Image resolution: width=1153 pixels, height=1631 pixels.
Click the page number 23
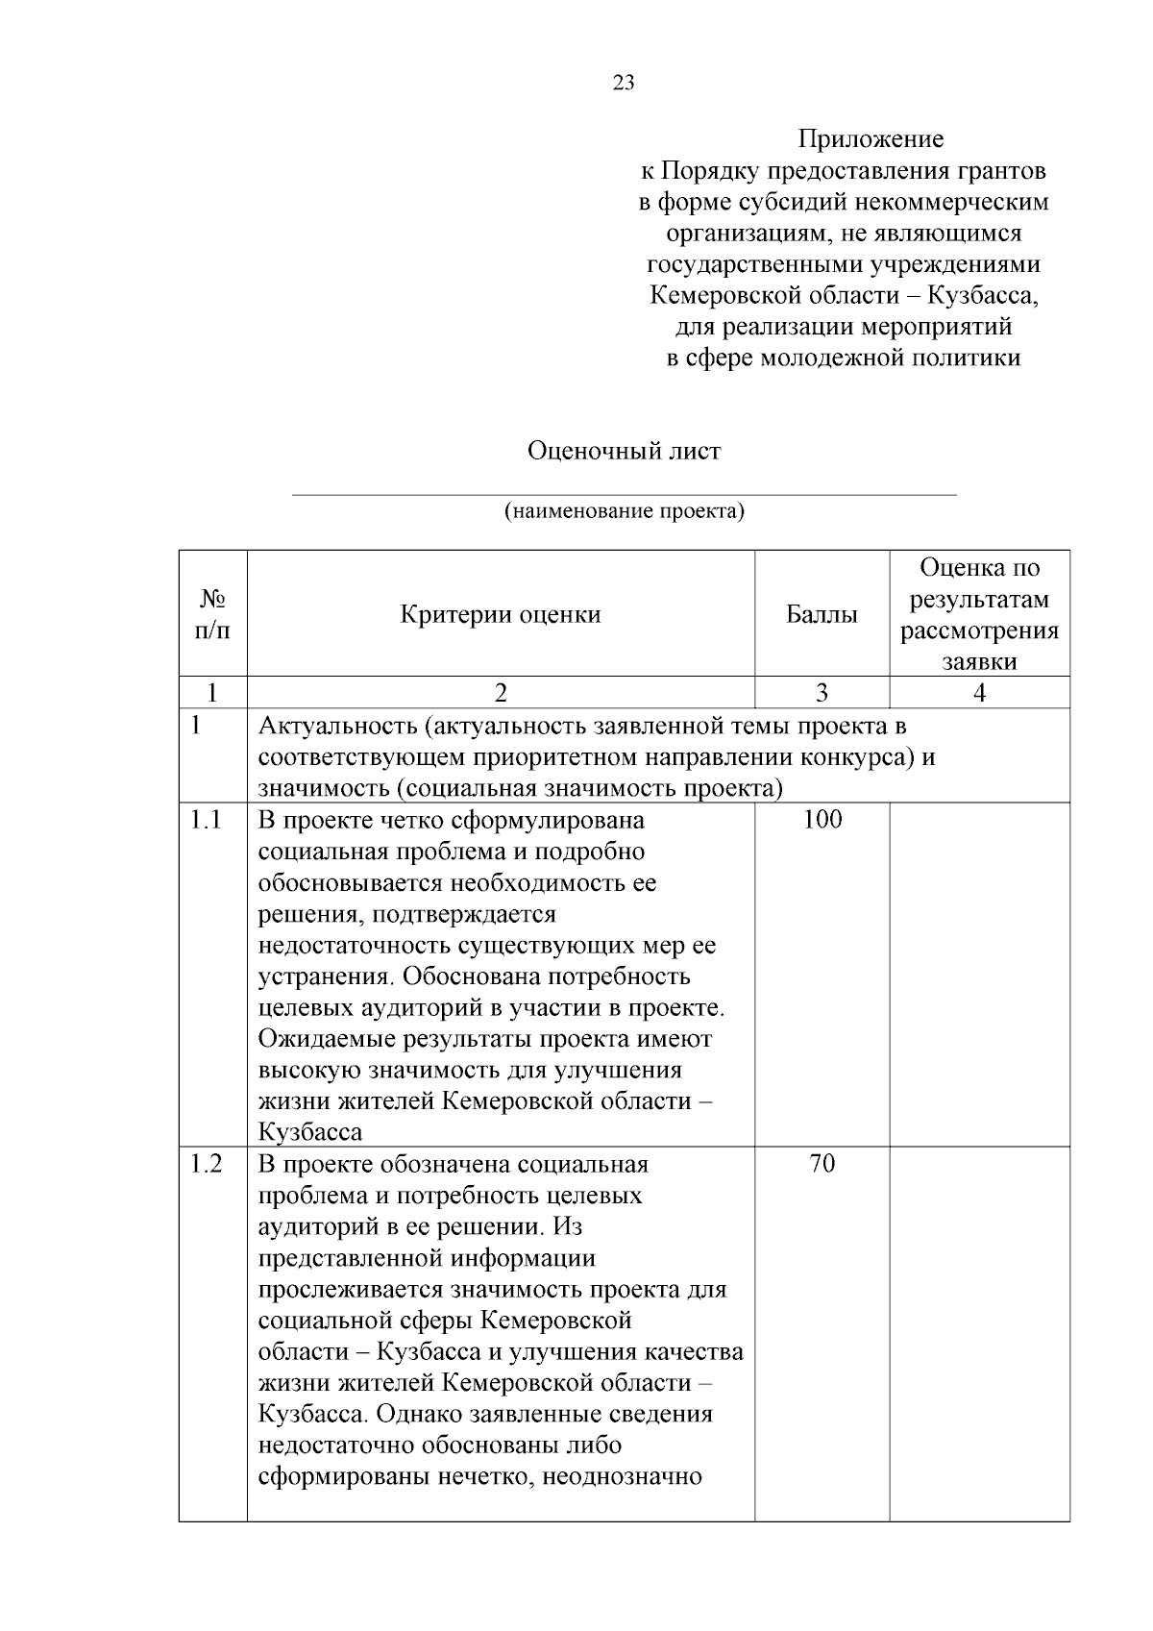[623, 83]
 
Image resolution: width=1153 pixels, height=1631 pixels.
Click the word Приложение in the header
[871, 139]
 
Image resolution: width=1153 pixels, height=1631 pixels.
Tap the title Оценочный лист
[624, 450]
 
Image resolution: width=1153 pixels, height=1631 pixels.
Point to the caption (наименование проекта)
[625, 510]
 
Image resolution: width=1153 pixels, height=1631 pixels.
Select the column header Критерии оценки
[501, 614]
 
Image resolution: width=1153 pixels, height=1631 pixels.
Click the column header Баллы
[822, 614]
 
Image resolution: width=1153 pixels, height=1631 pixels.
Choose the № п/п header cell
[212, 614]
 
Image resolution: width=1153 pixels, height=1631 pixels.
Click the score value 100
[822, 819]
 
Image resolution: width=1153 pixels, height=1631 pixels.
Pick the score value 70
[822, 1164]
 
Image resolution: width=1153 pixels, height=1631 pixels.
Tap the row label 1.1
[206, 820]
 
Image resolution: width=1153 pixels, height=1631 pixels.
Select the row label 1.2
[206, 1164]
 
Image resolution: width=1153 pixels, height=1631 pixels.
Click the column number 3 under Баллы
[822, 693]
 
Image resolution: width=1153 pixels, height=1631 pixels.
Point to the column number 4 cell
[979, 693]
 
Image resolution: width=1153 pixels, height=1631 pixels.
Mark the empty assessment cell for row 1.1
[979, 973]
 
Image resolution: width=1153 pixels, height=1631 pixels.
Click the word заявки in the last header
[979, 662]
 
